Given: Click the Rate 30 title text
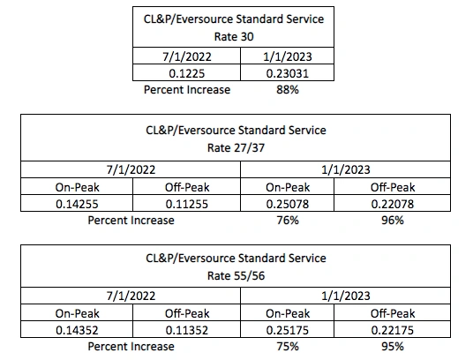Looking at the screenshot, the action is pyautogui.click(x=234, y=37).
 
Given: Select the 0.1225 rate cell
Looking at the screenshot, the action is pyautogui.click(x=187, y=73).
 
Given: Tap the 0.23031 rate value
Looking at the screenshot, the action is pyautogui.click(x=287, y=73).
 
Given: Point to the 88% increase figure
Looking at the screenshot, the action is pyautogui.click(x=288, y=89).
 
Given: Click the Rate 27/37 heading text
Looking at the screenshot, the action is pyautogui.click(x=236, y=147).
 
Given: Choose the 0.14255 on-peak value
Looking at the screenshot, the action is pyautogui.click(x=77, y=204).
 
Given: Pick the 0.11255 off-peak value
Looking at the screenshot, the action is pyautogui.click(x=187, y=204).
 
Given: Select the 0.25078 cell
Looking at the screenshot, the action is pyautogui.click(x=287, y=204).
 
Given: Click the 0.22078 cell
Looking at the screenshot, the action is pyautogui.click(x=392, y=204).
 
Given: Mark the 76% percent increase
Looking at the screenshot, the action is pyautogui.click(x=288, y=220).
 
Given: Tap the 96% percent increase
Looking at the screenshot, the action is pyautogui.click(x=392, y=220).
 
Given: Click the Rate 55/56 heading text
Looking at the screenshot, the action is pyautogui.click(x=236, y=275).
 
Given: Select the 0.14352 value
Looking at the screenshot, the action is pyautogui.click(x=77, y=330).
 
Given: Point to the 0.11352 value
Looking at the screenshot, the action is pyautogui.click(x=187, y=330).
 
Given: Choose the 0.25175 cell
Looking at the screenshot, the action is pyautogui.click(x=287, y=330).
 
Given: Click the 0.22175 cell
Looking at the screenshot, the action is pyautogui.click(x=392, y=330).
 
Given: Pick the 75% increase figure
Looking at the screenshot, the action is pyautogui.click(x=288, y=346).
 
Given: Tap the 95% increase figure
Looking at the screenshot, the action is pyautogui.click(x=392, y=346).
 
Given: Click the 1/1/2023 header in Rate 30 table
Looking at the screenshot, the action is pyautogui.click(x=287, y=56).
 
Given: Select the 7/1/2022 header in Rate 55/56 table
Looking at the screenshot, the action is pyautogui.click(x=131, y=296).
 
